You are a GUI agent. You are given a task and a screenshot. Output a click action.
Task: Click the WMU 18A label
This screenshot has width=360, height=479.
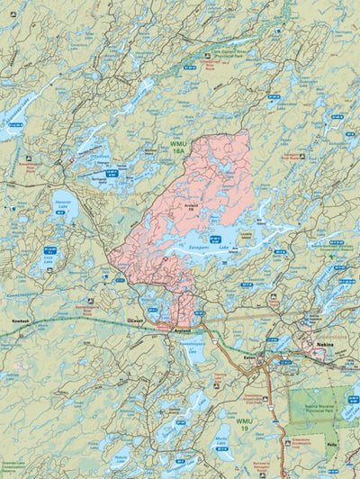pos(180,147)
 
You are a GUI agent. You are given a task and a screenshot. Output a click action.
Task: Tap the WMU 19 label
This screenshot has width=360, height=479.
pos(245,421)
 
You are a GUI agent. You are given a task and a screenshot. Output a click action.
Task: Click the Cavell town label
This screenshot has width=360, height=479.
pos(136,320)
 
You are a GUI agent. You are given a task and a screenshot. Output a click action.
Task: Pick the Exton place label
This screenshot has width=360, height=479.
pos(252,357)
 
